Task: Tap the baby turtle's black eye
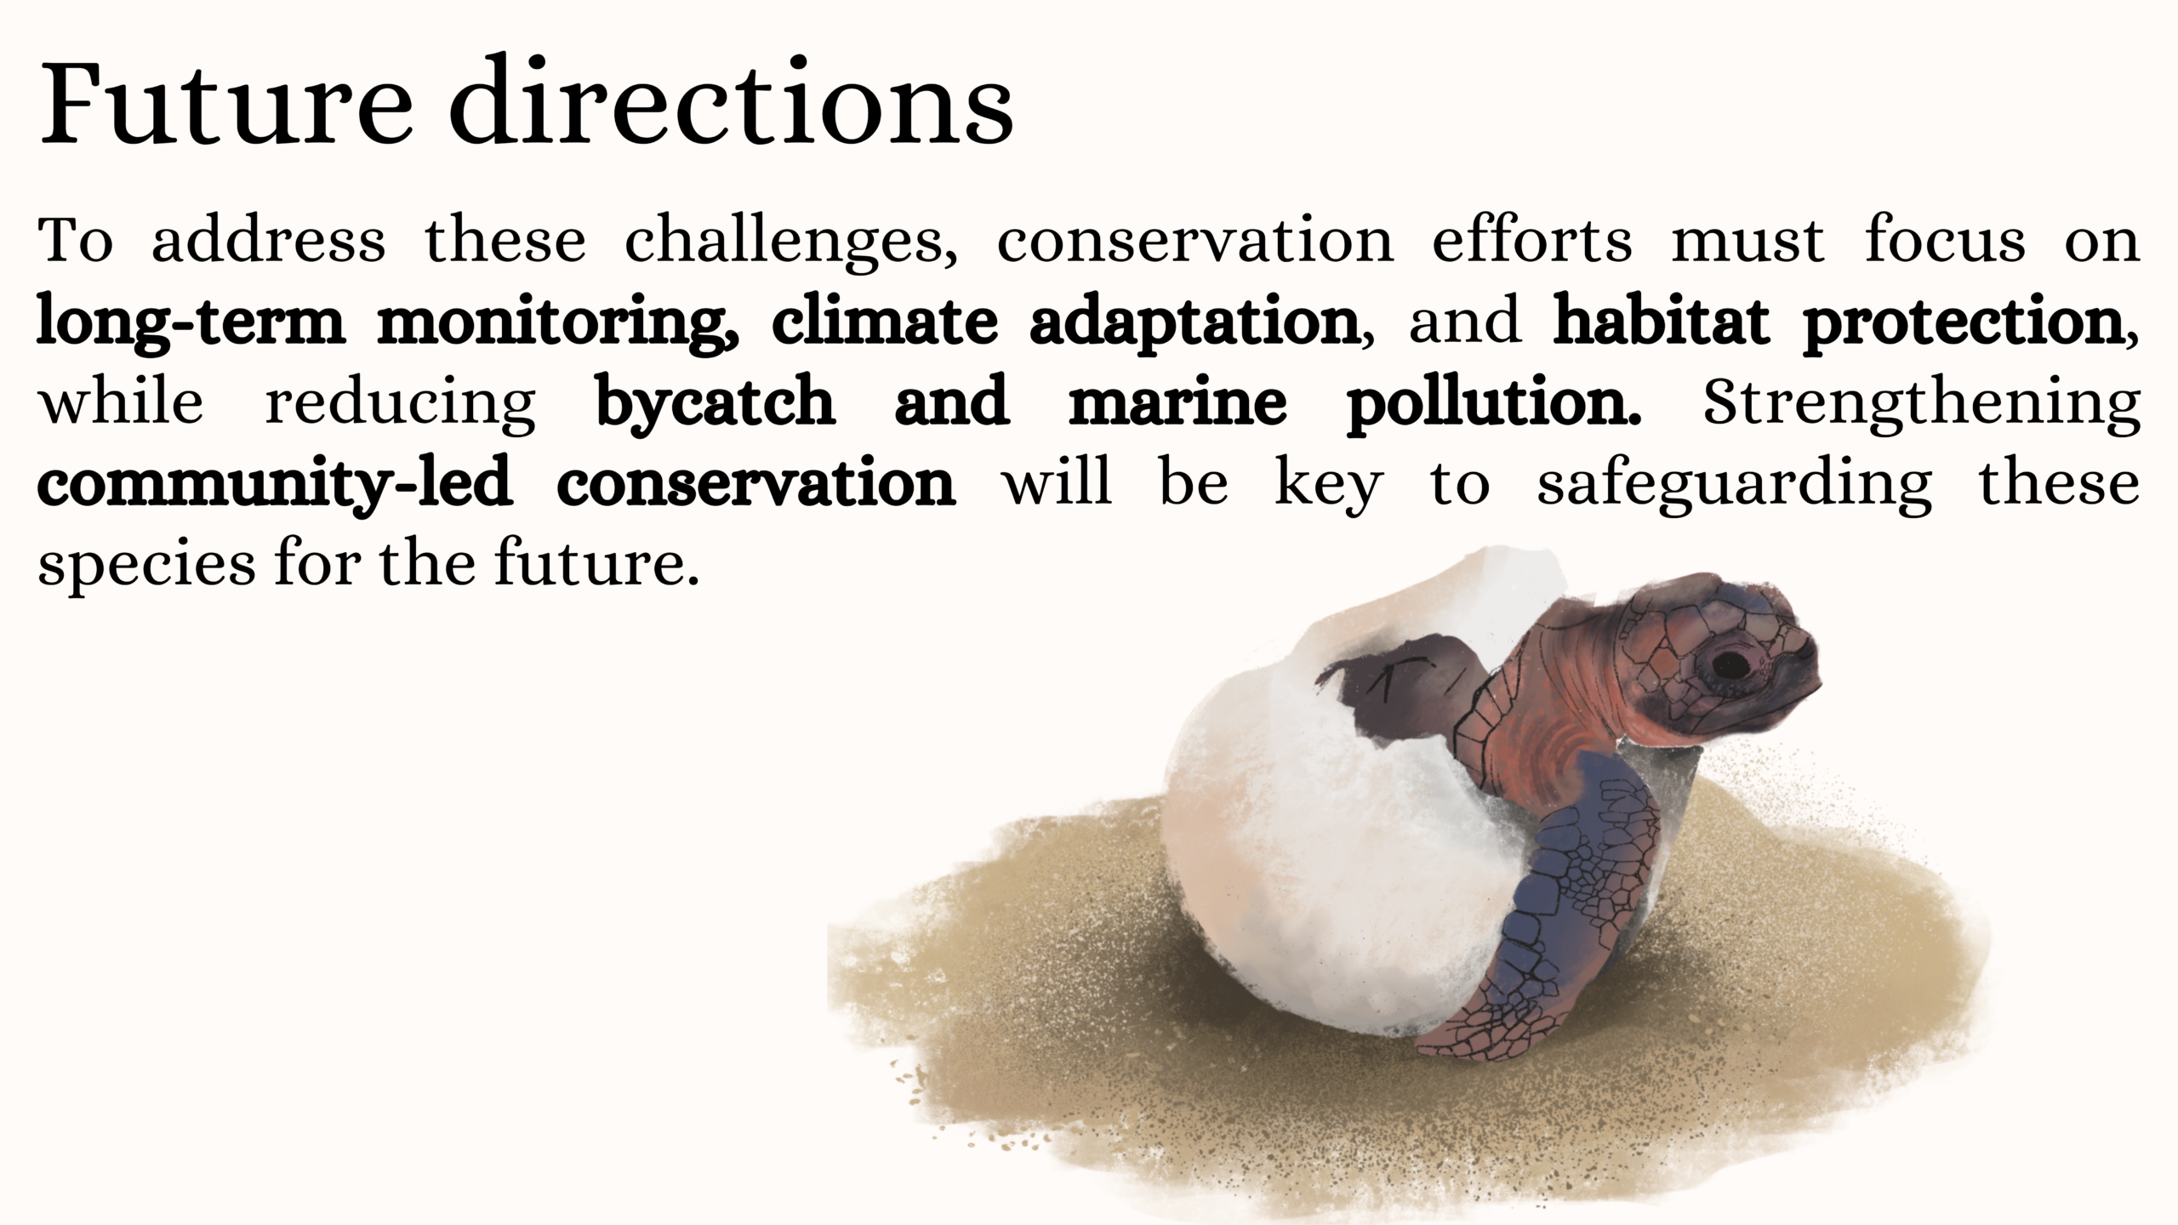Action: pyautogui.click(x=1730, y=664)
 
